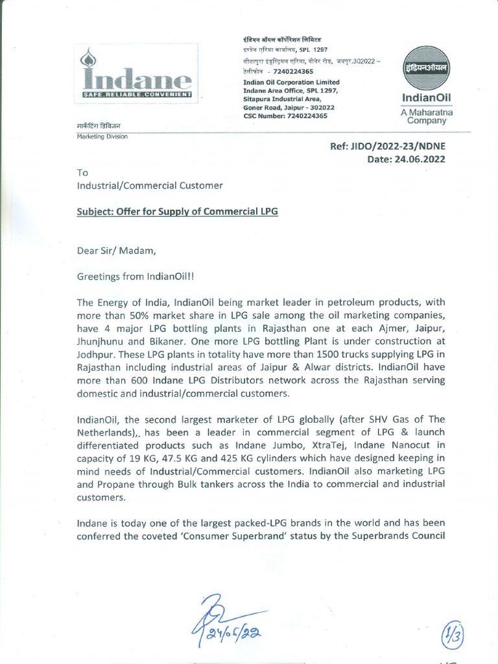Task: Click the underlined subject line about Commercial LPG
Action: coord(177,212)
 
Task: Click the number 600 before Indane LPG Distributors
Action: coord(139,381)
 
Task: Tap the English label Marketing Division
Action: coord(102,137)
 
